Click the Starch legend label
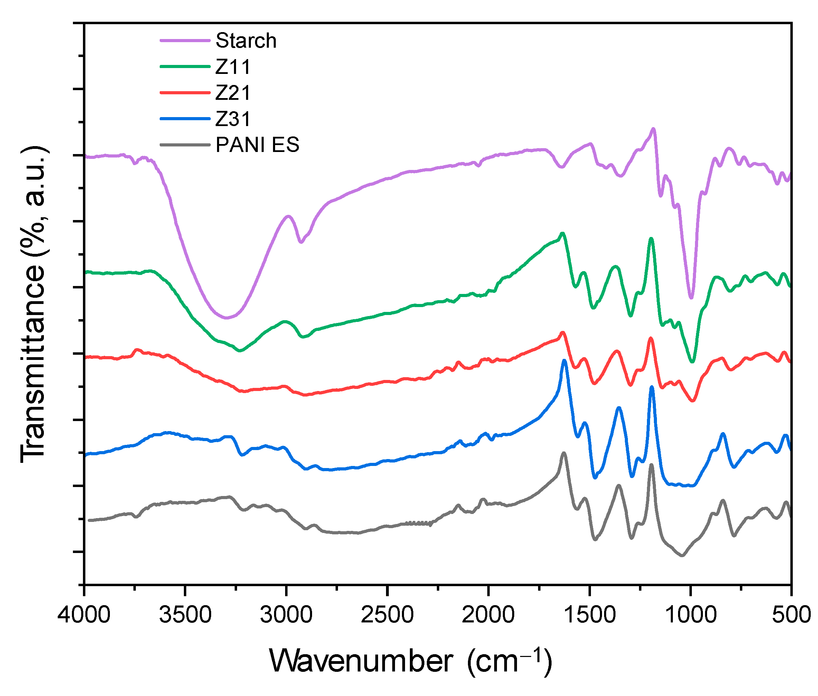[246, 41]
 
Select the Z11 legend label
[233, 67]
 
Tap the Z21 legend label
[233, 93]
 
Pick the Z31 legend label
[233, 119]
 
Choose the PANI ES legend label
[257, 145]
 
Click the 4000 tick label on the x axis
[84, 615]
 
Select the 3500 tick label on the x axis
[185, 615]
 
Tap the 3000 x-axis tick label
[286, 615]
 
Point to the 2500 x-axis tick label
[387, 615]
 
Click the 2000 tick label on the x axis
[488, 615]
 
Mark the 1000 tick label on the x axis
[691, 615]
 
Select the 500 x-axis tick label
[791, 615]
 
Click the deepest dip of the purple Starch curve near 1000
[691, 298]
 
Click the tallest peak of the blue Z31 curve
[564, 360]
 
